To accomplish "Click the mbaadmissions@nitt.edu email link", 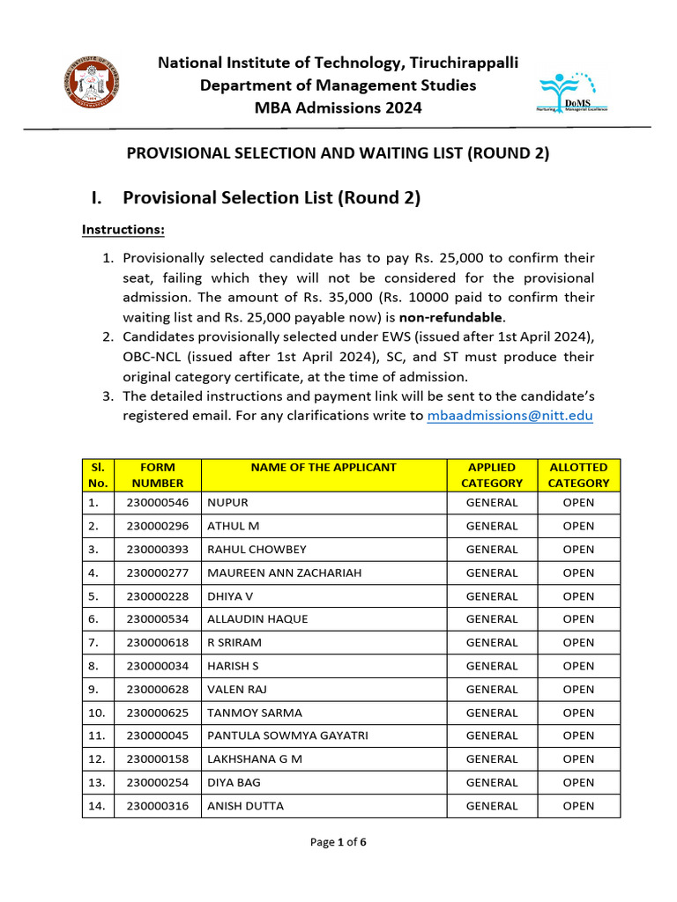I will click(x=510, y=416).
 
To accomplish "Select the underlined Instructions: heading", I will click(x=123, y=230).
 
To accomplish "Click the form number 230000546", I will click(x=157, y=503).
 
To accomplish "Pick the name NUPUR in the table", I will click(x=227, y=503).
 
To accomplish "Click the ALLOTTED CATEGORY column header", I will click(x=578, y=475).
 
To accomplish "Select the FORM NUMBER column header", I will click(x=157, y=475).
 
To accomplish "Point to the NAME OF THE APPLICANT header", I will click(x=324, y=468).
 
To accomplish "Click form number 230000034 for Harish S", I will click(x=157, y=666).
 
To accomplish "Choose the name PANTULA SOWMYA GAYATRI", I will click(x=287, y=736).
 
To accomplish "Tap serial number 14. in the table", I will click(x=97, y=805).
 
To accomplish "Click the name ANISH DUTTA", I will click(x=245, y=805).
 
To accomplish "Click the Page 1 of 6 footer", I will click(x=338, y=842).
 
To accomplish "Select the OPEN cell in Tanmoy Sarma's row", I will click(x=578, y=713).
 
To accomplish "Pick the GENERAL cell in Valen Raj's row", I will click(x=492, y=689).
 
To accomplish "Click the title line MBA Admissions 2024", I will click(x=338, y=108).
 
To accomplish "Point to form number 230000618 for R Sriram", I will click(x=157, y=642).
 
